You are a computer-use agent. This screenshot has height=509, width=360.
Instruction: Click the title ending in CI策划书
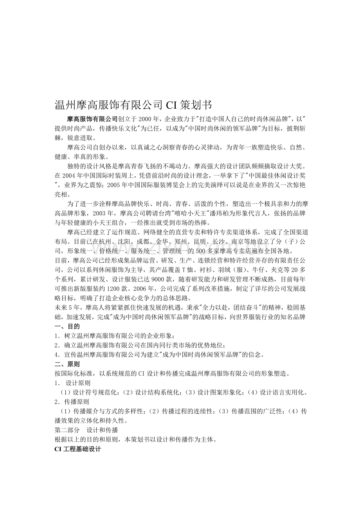click(x=133, y=105)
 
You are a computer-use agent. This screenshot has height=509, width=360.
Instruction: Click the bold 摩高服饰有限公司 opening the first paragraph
click(x=92, y=119)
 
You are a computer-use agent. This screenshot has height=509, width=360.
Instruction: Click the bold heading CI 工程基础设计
click(x=78, y=449)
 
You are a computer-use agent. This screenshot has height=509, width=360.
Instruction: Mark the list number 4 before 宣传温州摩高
click(x=57, y=355)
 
